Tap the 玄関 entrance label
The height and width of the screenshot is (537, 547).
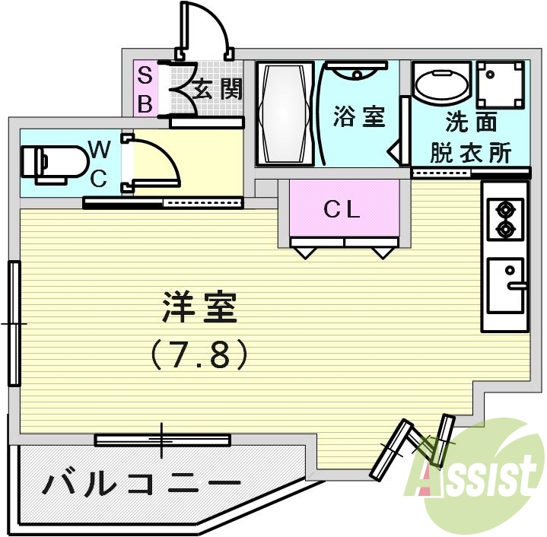(x=217, y=90)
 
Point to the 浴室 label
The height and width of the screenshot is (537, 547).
(x=360, y=117)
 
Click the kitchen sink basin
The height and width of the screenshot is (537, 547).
(x=506, y=285)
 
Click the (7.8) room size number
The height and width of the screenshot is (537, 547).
(x=200, y=354)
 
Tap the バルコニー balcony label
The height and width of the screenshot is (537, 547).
(x=142, y=484)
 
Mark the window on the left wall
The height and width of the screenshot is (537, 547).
(x=14, y=324)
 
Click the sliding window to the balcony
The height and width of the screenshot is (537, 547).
(x=162, y=440)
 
